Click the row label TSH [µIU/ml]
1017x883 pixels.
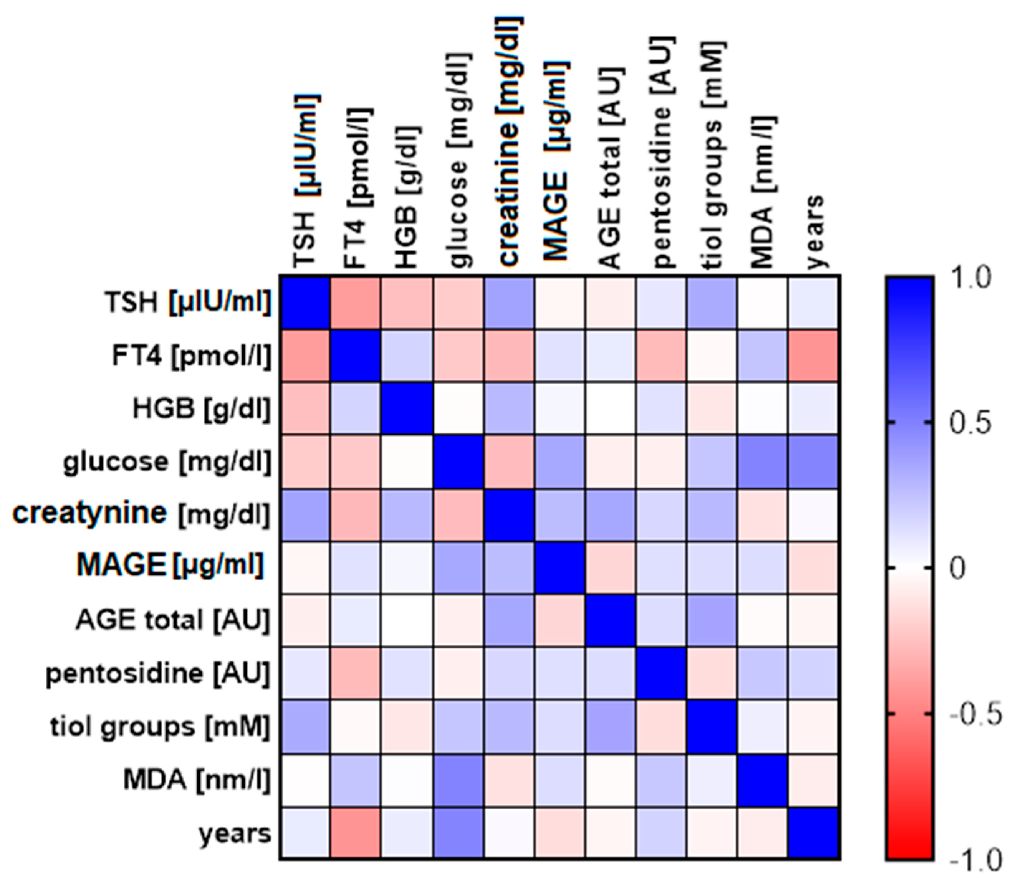tap(187, 302)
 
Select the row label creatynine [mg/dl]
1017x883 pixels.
tap(142, 514)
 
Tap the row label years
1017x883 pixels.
tap(235, 833)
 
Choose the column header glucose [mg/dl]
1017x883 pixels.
tap(458, 160)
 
